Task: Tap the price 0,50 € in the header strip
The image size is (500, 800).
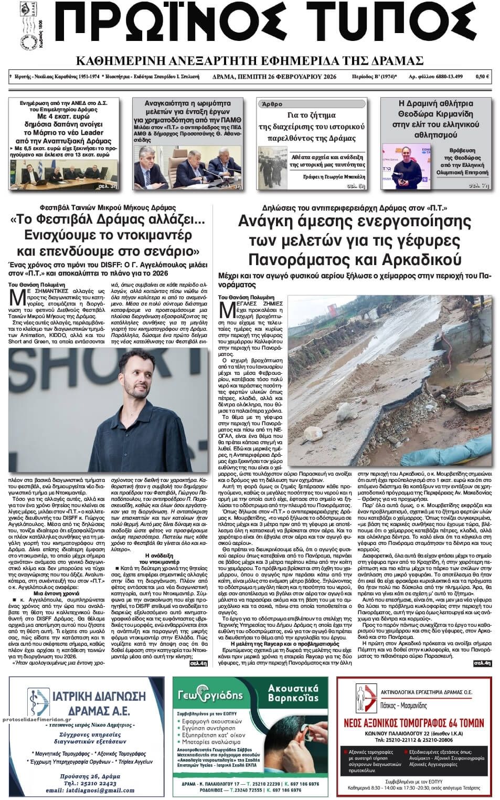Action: pos(482,77)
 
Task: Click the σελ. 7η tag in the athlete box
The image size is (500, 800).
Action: pos(478,185)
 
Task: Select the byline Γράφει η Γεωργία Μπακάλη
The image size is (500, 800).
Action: pos(334,177)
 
